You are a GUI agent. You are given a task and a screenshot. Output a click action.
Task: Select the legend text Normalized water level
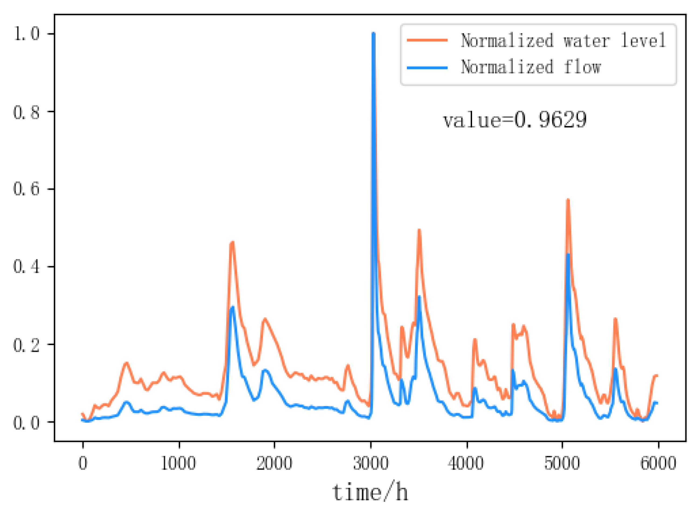point(563,40)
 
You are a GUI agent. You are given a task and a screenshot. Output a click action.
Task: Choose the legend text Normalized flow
point(531,67)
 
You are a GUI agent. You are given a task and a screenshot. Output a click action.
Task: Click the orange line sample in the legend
point(427,40)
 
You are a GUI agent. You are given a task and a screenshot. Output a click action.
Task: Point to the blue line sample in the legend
point(427,67)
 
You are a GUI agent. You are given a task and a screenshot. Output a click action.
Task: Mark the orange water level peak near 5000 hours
point(568,200)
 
